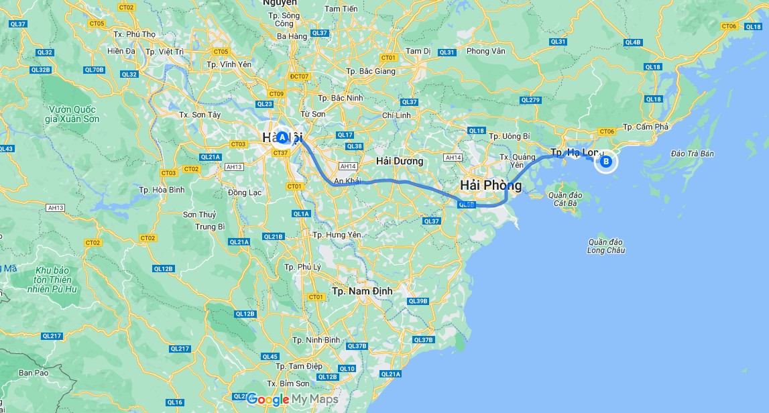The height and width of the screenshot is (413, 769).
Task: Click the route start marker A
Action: pyautogui.click(x=282, y=137)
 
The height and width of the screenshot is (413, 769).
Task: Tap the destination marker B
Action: pyautogui.click(x=605, y=161)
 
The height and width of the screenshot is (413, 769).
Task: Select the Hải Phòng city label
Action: pyautogui.click(x=491, y=185)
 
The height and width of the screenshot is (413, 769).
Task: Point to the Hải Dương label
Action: pyautogui.click(x=400, y=161)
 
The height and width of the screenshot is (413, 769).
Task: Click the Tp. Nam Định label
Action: pyautogui.click(x=362, y=291)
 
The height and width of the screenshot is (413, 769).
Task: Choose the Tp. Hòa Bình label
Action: pyautogui.click(x=162, y=190)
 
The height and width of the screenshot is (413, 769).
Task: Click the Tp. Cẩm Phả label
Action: pyautogui.click(x=646, y=127)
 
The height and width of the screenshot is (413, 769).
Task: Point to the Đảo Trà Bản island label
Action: pyautogui.click(x=693, y=154)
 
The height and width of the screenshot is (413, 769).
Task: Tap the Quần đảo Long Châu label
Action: pyautogui.click(x=606, y=246)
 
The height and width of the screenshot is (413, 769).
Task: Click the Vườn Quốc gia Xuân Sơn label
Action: pyautogui.click(x=72, y=115)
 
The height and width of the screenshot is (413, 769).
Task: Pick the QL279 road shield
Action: pyautogui.click(x=530, y=100)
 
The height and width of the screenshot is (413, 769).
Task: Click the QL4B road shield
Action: pyautogui.click(x=633, y=42)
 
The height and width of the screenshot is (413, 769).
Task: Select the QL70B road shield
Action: pyautogui.click(x=95, y=70)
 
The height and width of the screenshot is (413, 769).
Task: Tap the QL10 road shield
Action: pyautogui.click(x=347, y=368)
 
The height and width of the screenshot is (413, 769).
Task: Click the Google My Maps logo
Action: pyautogui.click(x=292, y=400)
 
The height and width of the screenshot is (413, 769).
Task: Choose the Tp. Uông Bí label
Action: pyautogui.click(x=509, y=136)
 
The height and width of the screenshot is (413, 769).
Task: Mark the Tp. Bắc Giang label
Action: pyautogui.click(x=371, y=71)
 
